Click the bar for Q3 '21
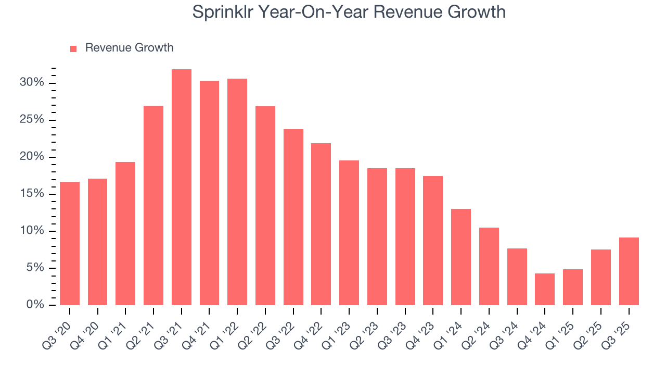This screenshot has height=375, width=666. coord(182,187)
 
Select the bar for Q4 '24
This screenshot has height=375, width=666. coord(545,290)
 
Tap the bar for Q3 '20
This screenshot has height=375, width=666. coord(70,244)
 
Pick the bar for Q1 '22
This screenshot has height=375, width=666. coord(237,192)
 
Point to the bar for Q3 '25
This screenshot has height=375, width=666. coord(629,271)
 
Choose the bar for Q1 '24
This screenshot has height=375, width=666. coord(461,257)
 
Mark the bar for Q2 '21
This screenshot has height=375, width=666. coord(153,206)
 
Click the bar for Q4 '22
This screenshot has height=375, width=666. coord(321,224)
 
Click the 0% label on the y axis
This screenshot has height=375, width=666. coord(35,305)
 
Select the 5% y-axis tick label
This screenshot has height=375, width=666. coord(35,268)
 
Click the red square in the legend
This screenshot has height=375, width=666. coord(73,49)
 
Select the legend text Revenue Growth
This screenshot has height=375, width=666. coord(129,48)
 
